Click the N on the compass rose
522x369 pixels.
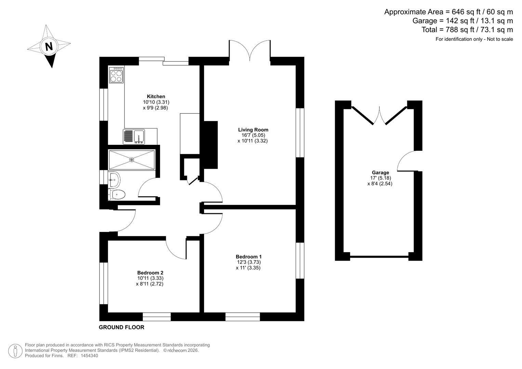pyautogui.click(x=49, y=46)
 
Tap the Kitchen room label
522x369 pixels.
pyautogui.click(x=156, y=96)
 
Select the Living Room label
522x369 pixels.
pyautogui.click(x=253, y=130)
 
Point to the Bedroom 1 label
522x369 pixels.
pyautogui.click(x=249, y=257)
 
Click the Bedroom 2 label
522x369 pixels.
pyautogui.click(x=150, y=273)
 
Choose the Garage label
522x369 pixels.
pyautogui.click(x=380, y=173)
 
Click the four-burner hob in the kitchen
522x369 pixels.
pyautogui.click(x=116, y=75)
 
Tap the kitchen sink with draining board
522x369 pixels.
pyautogui.click(x=134, y=137)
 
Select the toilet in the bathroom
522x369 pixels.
pyautogui.click(x=117, y=194)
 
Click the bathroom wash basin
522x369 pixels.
pyautogui.click(x=114, y=180)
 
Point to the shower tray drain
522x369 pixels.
pyautogui.click(x=132, y=160)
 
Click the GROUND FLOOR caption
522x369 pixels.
pyautogui.click(x=121, y=327)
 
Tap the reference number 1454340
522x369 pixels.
pyautogui.click(x=89, y=356)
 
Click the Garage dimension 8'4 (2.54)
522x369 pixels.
pyautogui.click(x=380, y=183)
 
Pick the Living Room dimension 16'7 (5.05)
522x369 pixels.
pyautogui.click(x=252, y=135)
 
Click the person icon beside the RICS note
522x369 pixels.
pyautogui.click(x=15, y=351)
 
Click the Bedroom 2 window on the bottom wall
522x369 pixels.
pyautogui.click(x=157, y=317)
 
